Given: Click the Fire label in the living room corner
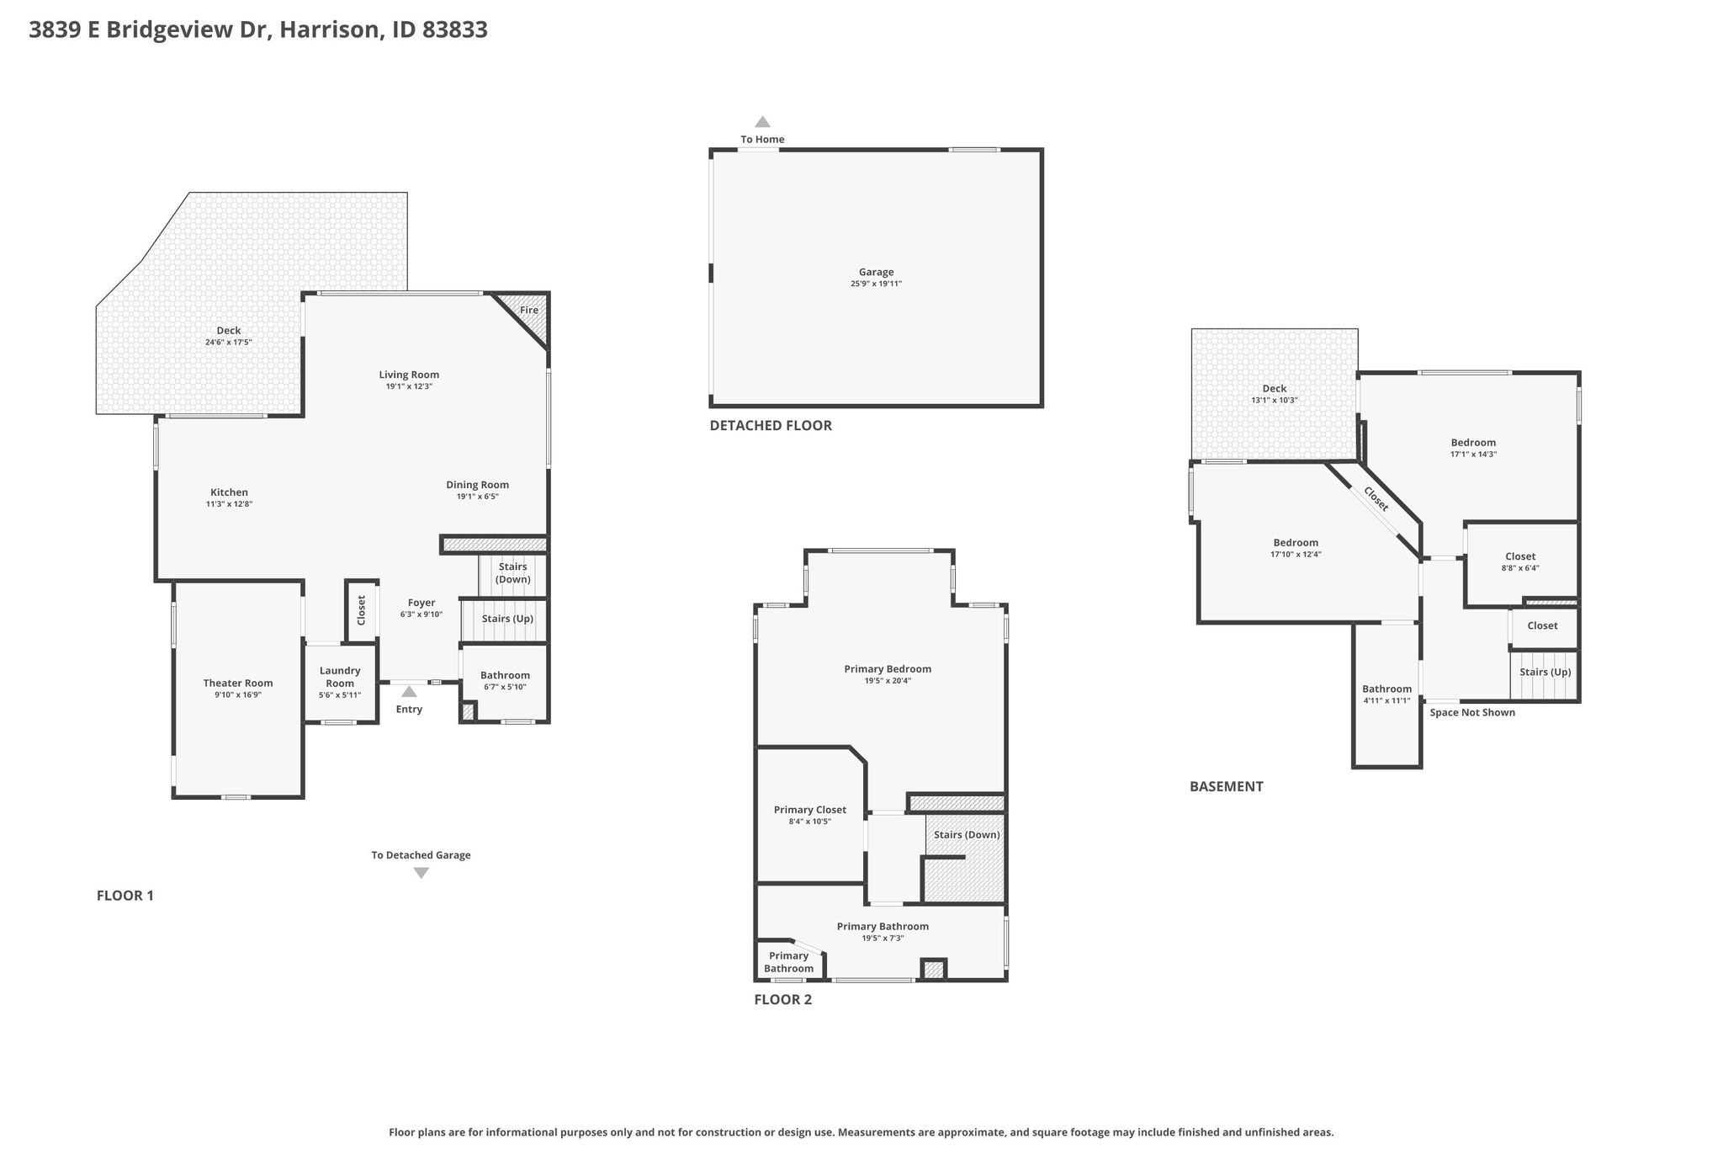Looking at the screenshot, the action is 528,310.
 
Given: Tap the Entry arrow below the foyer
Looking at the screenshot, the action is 409,692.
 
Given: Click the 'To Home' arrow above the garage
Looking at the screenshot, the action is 762,121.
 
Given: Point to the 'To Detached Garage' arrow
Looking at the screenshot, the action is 421,873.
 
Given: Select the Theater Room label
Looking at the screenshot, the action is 238,683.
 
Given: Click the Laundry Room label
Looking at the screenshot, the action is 340,677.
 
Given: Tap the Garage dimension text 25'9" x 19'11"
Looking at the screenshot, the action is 876,284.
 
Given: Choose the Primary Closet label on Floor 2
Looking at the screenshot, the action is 810,810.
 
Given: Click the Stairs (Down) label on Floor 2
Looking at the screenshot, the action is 967,835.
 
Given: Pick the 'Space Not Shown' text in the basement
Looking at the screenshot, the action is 1472,712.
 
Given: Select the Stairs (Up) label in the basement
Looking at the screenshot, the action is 1545,672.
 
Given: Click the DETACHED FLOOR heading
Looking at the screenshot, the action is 771,425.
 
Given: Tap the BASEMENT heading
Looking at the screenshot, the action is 1227,786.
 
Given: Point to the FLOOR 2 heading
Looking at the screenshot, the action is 783,999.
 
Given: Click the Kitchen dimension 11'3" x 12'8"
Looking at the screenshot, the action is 229,504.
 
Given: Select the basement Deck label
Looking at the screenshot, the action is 1275,388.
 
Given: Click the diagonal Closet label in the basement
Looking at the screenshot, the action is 1376,499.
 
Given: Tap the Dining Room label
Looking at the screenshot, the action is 477,485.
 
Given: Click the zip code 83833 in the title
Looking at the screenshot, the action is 455,29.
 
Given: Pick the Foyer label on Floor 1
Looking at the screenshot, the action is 421,603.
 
